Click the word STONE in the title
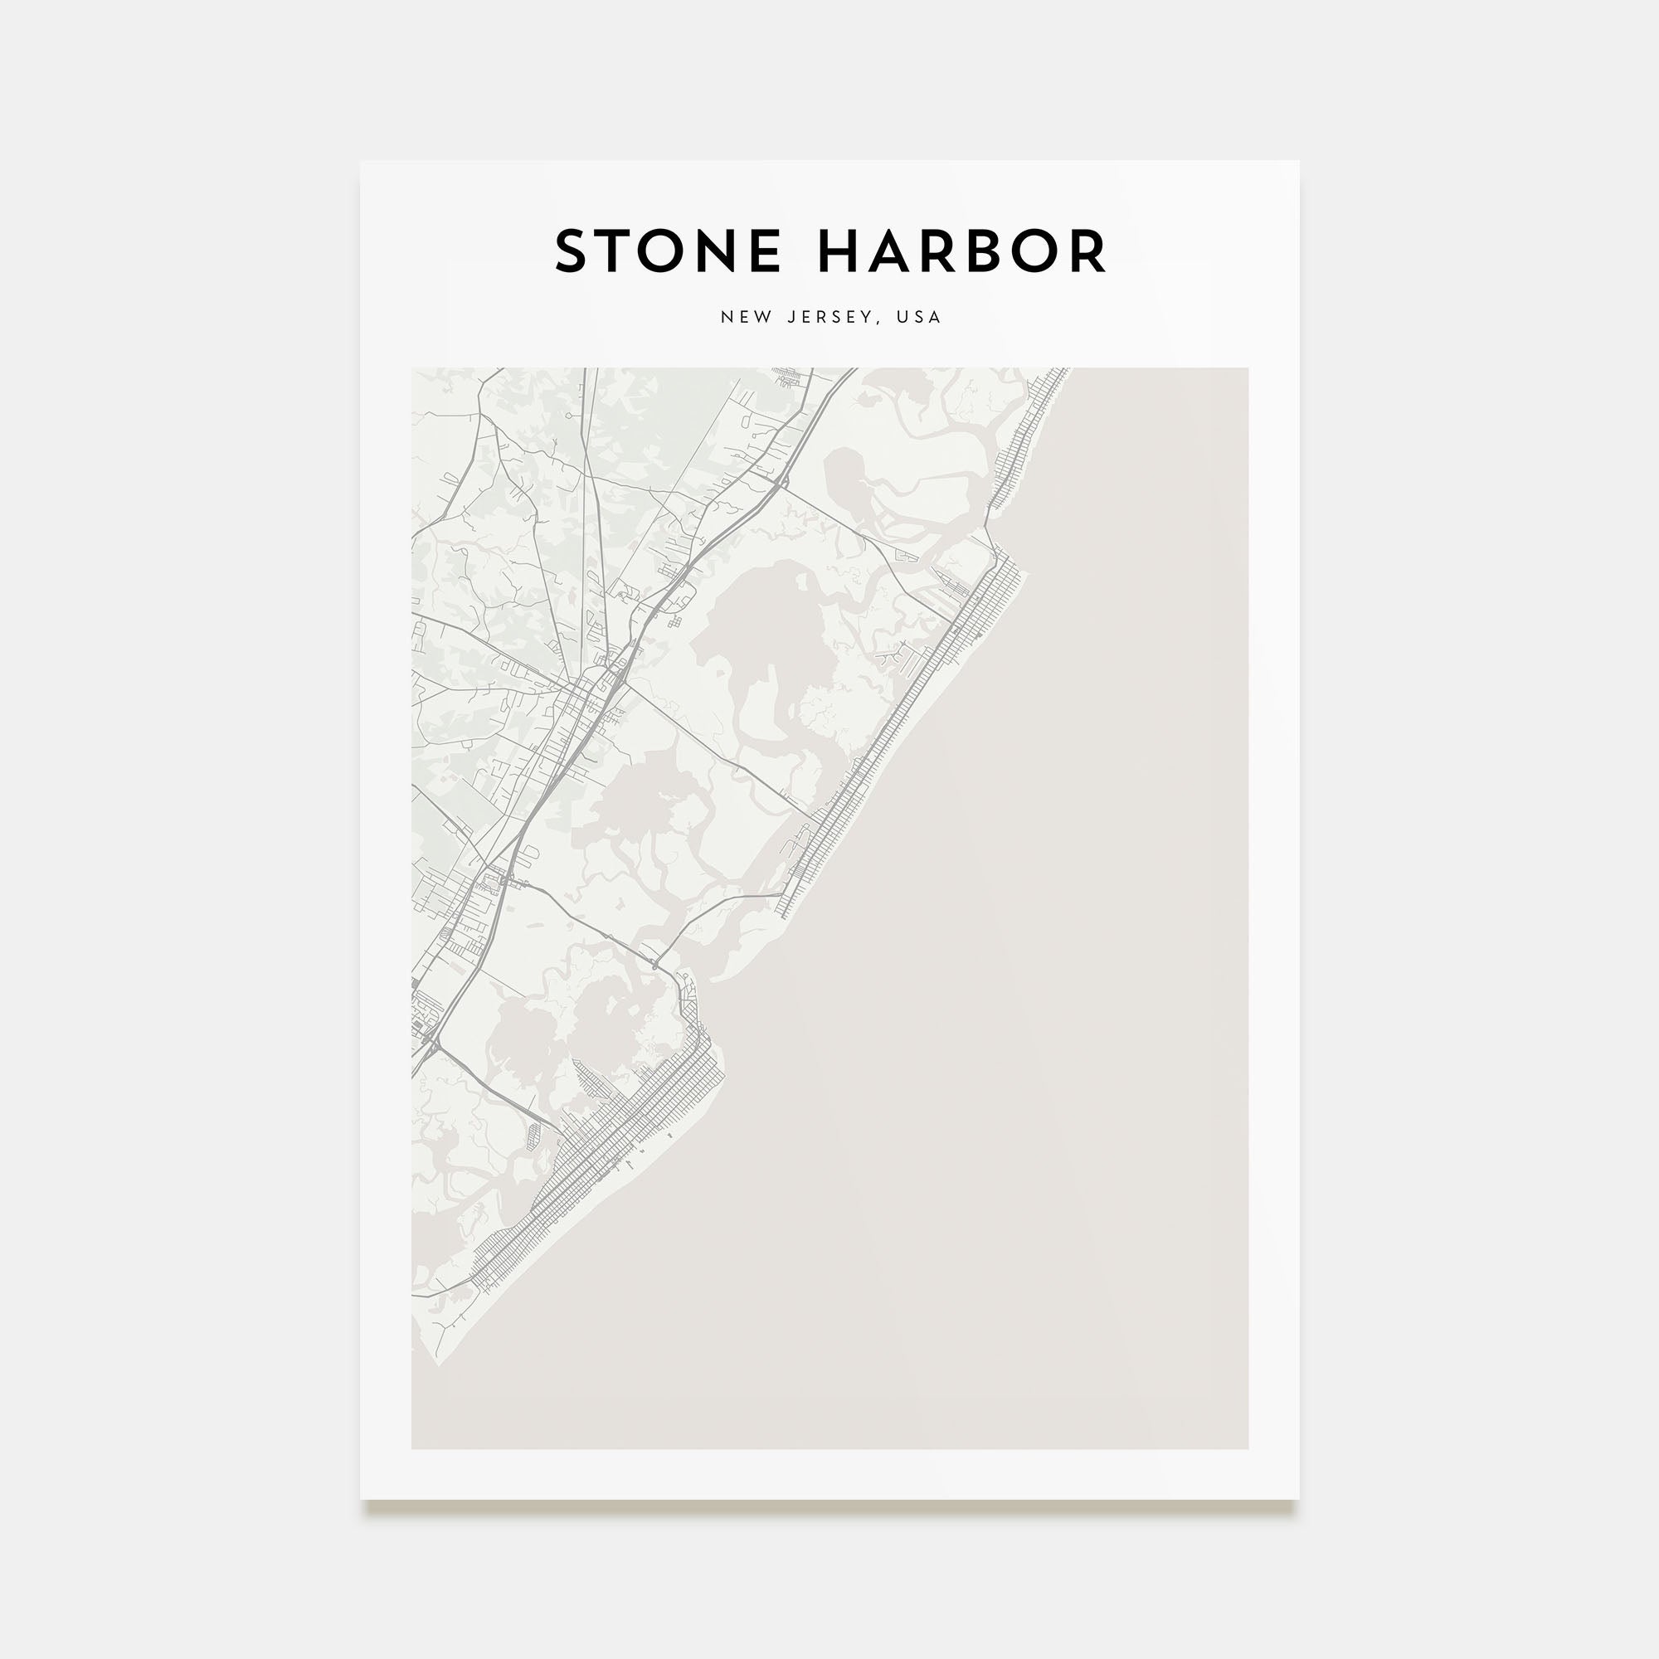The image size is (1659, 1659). [x=667, y=252]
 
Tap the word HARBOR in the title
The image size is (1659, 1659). [x=961, y=252]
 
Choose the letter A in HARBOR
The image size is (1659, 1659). [x=888, y=252]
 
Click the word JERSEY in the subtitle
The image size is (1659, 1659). [x=828, y=317]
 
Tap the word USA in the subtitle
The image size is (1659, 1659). [x=919, y=317]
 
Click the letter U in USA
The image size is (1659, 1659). [x=902, y=317]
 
